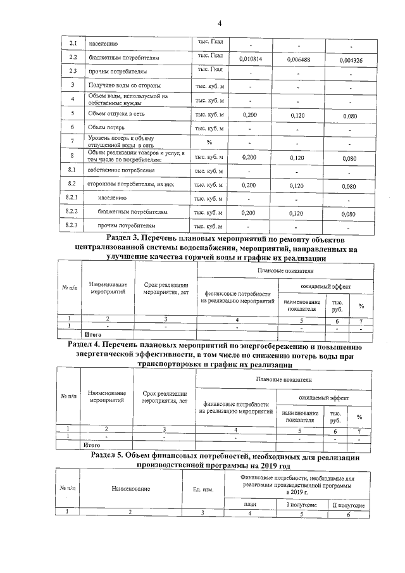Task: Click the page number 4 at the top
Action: pyautogui.click(x=220, y=24)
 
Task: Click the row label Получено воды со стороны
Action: pyautogui.click(x=124, y=85)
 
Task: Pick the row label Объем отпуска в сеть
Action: pyautogui.click(x=118, y=114)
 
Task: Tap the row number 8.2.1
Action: pyautogui.click(x=72, y=199)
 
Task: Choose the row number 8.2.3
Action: pyautogui.click(x=72, y=226)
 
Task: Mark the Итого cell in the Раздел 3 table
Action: pyautogui.click(x=93, y=334)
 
